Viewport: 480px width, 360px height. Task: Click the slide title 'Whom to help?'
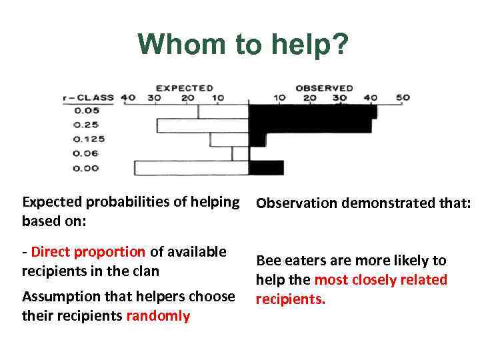[x=243, y=45]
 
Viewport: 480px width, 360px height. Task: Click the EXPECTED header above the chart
[x=185, y=88]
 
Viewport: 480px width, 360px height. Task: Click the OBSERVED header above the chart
[x=324, y=88]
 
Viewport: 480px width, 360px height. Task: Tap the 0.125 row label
[x=89, y=139]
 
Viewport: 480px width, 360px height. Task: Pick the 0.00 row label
[x=86, y=168]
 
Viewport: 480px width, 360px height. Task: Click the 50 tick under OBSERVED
[x=403, y=98]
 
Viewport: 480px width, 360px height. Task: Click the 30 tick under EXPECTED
[x=155, y=98]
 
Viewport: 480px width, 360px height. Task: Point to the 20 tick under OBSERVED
[x=310, y=98]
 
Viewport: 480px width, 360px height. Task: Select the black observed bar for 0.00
[x=266, y=167]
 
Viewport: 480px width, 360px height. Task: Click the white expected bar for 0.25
[x=203, y=125]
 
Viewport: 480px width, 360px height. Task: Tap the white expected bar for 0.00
[x=191, y=168]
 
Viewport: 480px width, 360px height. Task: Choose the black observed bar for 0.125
[x=257, y=140]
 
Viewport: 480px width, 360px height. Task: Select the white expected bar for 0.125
[x=229, y=140]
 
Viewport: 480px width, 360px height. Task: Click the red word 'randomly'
[x=158, y=316]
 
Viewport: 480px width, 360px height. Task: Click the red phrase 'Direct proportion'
[x=88, y=252]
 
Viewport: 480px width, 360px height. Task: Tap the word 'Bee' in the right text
[x=269, y=261]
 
